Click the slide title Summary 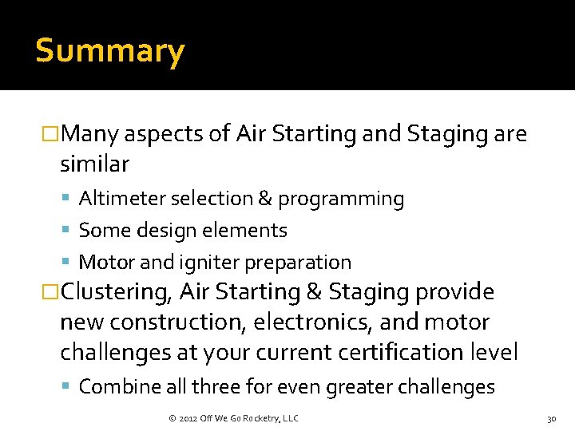pos(110,51)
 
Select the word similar pos(94,164)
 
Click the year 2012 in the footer pos(188,418)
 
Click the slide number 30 pos(551,418)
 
